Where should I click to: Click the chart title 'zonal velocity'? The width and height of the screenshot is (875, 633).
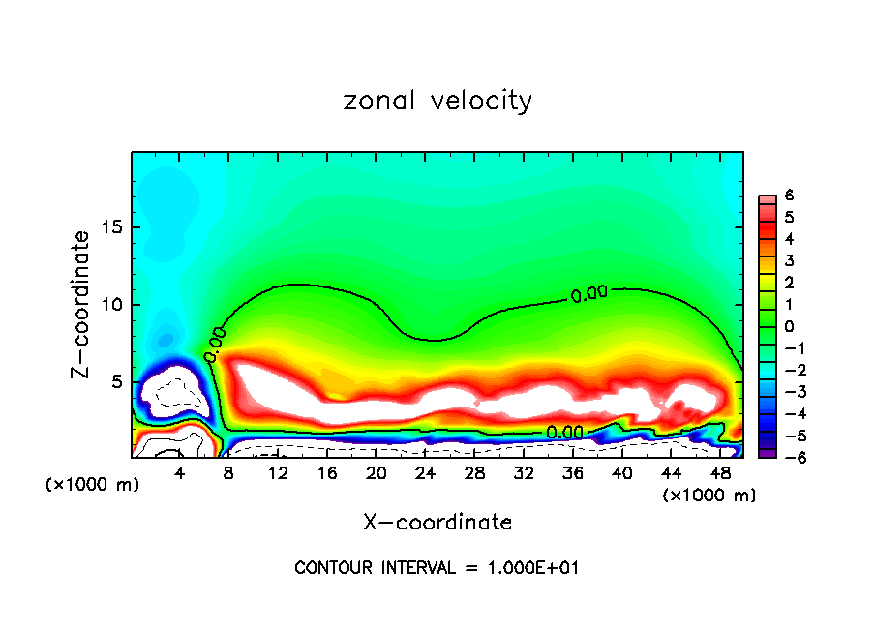tap(437, 102)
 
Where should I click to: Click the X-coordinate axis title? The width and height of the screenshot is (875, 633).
tap(437, 523)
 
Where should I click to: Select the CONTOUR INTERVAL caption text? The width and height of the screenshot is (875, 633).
tap(437, 568)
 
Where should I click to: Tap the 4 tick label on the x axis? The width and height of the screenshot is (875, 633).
tap(180, 474)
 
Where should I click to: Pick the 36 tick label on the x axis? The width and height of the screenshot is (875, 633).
tap(572, 474)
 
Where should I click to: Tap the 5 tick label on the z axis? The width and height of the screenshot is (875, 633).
tap(116, 381)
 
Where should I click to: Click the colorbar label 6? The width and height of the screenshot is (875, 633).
tap(789, 196)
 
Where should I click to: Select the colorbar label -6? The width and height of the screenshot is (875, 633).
tap(786, 457)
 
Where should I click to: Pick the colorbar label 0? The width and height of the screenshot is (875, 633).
tap(789, 326)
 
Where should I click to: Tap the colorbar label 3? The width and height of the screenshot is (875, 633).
tap(789, 260)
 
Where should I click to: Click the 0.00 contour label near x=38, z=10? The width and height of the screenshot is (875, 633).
tap(588, 294)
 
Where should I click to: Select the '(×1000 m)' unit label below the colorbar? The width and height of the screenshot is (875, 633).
tap(709, 496)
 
